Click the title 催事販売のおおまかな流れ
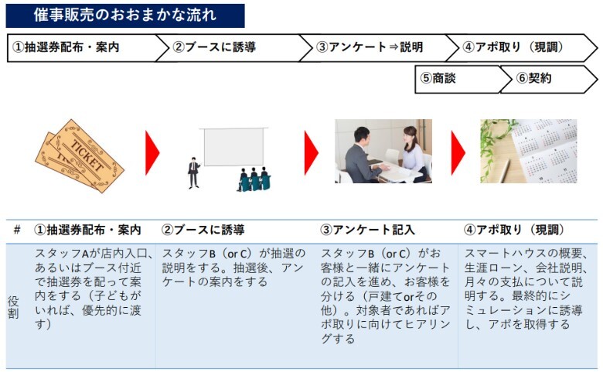pos(125,15)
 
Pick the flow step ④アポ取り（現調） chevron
pos(522,48)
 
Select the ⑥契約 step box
pos(549,79)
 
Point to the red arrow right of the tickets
pos(152,152)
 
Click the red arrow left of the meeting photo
pos(312,152)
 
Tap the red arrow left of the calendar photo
pos(458,152)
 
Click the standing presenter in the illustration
pos(194,172)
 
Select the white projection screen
pos(233,147)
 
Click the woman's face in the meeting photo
pos(409,137)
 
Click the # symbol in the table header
pos(17,230)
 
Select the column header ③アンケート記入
pos(367,230)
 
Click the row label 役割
pos(13,307)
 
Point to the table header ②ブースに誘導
pos(203,230)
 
